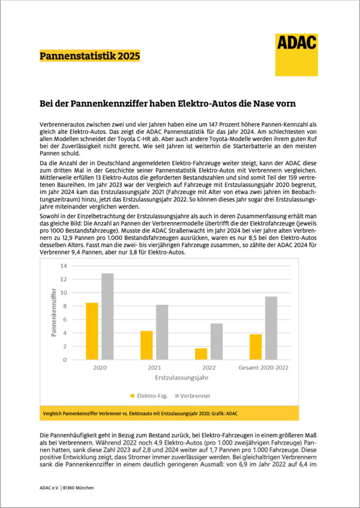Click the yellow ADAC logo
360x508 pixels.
[x=296, y=55]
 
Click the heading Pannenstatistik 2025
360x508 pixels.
[x=89, y=56]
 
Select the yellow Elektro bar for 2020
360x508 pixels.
[x=91, y=331]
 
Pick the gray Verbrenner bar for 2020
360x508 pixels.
[x=107, y=317]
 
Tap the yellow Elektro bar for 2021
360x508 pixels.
[x=146, y=345]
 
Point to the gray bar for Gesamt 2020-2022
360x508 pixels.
[x=272, y=328]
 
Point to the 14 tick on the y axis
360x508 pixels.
[x=63, y=265]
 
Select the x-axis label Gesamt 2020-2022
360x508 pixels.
[x=264, y=368]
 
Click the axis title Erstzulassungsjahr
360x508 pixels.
[x=182, y=378]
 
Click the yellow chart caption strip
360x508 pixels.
[x=169, y=413]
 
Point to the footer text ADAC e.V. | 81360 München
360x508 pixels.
[x=67, y=488]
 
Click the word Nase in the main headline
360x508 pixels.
[x=260, y=104]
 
